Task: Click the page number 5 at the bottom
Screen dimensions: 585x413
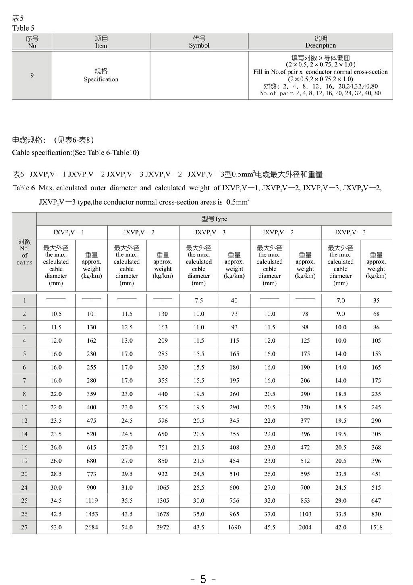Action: tap(203, 579)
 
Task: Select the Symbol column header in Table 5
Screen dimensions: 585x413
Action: tap(199, 41)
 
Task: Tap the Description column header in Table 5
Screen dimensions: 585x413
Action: tap(320, 41)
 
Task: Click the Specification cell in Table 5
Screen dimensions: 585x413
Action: tap(101, 75)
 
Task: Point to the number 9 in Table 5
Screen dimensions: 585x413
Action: tap(32, 75)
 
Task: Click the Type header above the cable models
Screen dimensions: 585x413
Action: tap(214, 219)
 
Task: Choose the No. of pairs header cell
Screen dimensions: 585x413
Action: tap(24, 252)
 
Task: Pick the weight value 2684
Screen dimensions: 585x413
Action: tap(91, 527)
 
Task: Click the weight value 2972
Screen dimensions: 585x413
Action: tap(163, 527)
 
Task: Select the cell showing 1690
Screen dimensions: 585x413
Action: tap(234, 527)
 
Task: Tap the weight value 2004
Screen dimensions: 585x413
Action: tap(305, 527)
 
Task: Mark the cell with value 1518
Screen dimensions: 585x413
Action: tap(376, 527)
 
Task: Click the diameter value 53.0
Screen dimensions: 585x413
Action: tap(56, 527)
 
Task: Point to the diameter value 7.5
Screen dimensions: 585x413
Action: tap(199, 300)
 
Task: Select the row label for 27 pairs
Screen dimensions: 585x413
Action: tap(24, 527)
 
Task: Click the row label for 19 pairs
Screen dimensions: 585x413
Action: tap(24, 461)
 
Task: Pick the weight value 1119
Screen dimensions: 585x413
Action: tap(91, 501)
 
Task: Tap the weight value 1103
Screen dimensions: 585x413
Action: tap(305, 514)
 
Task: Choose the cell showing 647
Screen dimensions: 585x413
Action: tap(376, 501)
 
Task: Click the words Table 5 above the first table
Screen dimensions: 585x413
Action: tap(23, 28)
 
